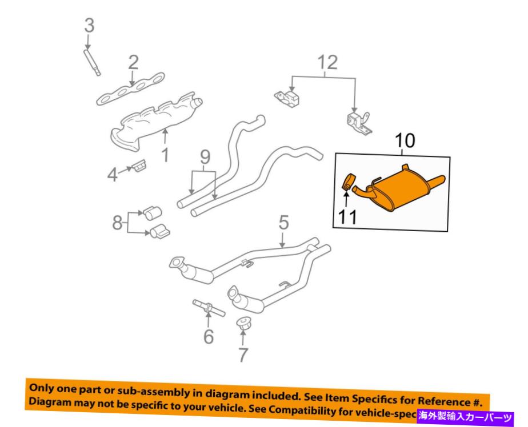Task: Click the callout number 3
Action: pyautogui.click(x=89, y=25)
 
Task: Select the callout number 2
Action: pyautogui.click(x=133, y=62)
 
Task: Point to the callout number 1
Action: pyautogui.click(x=165, y=154)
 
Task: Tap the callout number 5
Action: pyautogui.click(x=285, y=222)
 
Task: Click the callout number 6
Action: pyautogui.click(x=209, y=336)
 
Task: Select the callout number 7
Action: pyautogui.click(x=243, y=355)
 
